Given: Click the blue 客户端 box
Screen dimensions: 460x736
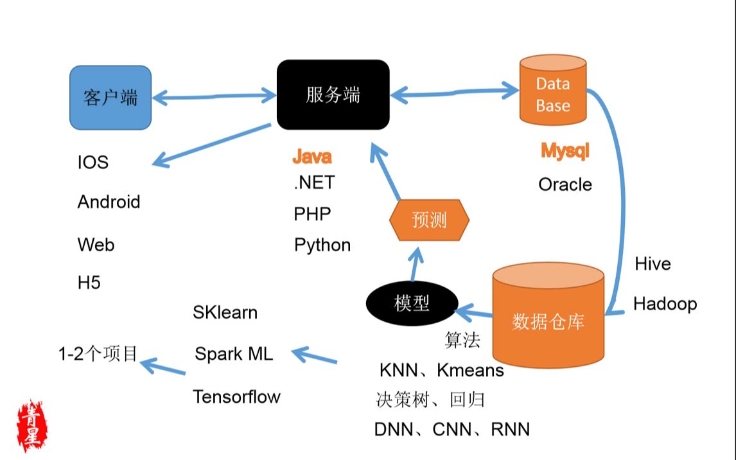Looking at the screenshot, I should (x=110, y=97).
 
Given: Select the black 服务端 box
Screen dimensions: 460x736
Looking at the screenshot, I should (x=333, y=95).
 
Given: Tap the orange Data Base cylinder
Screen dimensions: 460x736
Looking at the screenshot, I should (x=553, y=91).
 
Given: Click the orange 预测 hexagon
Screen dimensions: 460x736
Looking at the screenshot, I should (x=429, y=220).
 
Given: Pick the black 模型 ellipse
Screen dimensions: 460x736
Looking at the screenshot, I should (x=412, y=303).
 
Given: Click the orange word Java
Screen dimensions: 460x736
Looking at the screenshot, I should (x=312, y=156).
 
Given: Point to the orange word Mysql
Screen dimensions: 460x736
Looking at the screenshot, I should (x=565, y=152).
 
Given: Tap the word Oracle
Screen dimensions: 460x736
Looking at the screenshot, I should (x=565, y=184).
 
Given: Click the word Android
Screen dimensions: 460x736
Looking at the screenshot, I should (x=109, y=202).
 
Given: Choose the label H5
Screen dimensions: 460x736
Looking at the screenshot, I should (x=89, y=282).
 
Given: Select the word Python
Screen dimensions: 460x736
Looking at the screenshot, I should (x=322, y=245).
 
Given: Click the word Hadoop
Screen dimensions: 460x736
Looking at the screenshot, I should (x=665, y=303).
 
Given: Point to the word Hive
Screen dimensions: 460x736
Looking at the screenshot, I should (x=653, y=263).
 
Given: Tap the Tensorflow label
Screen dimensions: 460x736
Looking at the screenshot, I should (x=236, y=396).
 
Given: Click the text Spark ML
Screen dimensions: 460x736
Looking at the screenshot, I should (x=234, y=353).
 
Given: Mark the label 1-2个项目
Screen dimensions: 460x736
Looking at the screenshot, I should (x=98, y=353).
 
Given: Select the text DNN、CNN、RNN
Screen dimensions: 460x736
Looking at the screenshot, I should (x=452, y=429).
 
